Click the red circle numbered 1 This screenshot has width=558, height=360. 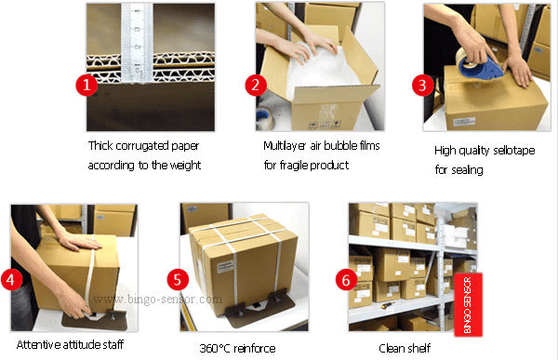tap(86, 85)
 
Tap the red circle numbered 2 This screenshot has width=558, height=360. tap(256, 85)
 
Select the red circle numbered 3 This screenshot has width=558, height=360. tap(422, 85)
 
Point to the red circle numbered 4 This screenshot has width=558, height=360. tap(11, 279)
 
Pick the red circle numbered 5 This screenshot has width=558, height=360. tap(178, 279)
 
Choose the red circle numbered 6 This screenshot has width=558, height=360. tap(346, 279)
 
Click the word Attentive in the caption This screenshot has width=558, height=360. tap(38, 344)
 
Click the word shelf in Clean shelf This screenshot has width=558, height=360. tap(419, 348)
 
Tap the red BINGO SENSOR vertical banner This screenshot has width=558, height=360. tap(468, 304)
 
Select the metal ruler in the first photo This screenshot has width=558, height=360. tap(137, 43)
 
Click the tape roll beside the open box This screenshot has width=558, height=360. tap(264, 117)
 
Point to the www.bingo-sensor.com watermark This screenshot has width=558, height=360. tap(157, 300)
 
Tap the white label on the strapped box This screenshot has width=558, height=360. tap(224, 265)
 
